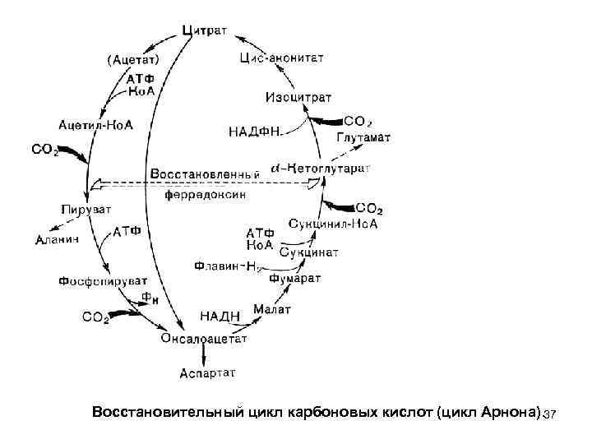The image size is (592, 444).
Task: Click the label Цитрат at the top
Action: pos(206,30)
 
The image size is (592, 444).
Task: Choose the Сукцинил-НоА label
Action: pos(333,224)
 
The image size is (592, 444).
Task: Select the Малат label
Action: pos(271,308)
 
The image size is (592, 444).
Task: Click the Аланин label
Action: pos(57,239)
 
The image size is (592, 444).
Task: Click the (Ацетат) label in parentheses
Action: pos(132,58)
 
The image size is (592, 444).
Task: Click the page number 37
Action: pos(550,411)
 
